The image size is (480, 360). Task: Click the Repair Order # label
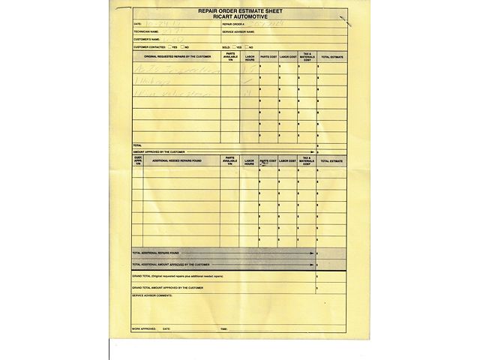click(234, 25)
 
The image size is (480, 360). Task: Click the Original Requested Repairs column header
click(178, 56)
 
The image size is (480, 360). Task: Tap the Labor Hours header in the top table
click(250, 56)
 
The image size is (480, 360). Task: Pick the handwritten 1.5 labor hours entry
click(249, 67)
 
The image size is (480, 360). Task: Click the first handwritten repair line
click(176, 68)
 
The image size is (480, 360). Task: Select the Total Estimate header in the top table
click(331, 56)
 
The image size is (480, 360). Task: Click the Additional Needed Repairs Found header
click(177, 160)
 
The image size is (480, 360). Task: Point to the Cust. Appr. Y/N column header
click(138, 160)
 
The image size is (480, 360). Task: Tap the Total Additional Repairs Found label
click(160, 253)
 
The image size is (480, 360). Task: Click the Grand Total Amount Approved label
click(167, 287)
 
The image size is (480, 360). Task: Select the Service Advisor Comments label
click(152, 295)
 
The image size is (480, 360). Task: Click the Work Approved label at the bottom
click(144, 328)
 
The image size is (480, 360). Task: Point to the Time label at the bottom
click(223, 328)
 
